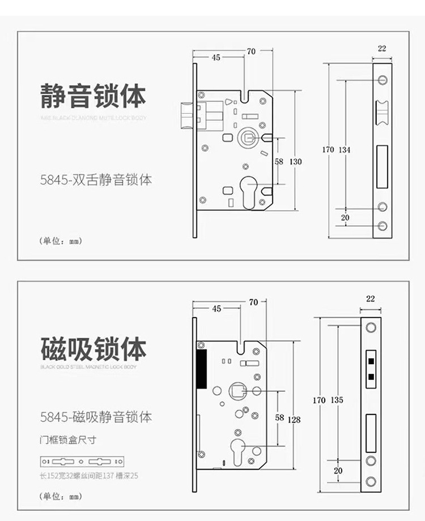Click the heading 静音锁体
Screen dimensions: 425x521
point(93,96)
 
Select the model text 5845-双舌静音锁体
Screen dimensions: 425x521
point(96,181)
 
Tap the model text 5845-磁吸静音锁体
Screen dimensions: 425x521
point(96,418)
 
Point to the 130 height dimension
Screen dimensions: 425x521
point(296,161)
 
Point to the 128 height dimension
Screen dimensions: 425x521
point(294,420)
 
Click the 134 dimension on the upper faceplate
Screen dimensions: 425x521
point(345,150)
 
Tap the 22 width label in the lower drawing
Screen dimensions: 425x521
point(371,298)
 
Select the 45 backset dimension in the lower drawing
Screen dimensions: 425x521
point(216,309)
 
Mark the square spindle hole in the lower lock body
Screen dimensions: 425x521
point(236,390)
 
